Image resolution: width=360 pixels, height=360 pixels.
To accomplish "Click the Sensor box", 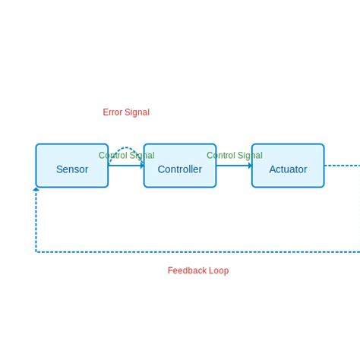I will [71, 166].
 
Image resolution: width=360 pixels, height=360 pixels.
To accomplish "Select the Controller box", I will [180, 166].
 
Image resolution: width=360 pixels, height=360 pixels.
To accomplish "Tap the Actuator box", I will [288, 166].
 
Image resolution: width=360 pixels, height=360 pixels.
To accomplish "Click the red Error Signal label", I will [126, 112].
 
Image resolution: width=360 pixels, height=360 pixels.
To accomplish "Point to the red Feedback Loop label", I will [197, 270].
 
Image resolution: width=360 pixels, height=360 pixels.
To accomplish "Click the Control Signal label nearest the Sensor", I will [126, 156].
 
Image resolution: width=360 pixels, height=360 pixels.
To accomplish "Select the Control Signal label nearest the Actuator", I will [234, 156].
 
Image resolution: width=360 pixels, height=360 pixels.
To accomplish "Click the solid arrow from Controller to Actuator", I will [232, 166].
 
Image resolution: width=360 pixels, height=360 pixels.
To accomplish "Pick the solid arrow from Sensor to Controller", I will [124, 166].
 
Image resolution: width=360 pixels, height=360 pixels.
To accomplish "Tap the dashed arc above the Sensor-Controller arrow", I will [125, 148].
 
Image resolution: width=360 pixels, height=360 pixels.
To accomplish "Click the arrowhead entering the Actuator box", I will [249, 166].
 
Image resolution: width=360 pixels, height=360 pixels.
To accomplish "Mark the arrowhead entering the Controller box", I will [141, 166].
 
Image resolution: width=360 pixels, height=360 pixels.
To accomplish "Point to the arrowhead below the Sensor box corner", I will [36, 189].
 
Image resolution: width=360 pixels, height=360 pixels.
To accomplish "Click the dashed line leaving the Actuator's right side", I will [342, 166].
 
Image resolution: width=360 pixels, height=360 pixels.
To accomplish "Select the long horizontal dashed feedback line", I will [197, 251].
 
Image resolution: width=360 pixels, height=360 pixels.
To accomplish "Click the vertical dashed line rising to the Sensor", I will [36, 220].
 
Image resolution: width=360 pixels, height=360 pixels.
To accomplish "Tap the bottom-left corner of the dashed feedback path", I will [36, 251].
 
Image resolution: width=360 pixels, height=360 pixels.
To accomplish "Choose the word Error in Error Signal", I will [113, 112].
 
